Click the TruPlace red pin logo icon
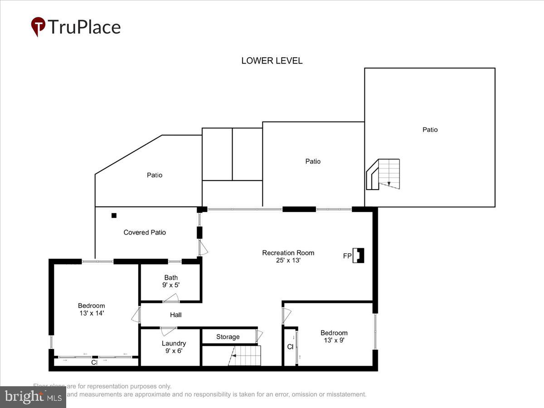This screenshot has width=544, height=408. click(38, 27)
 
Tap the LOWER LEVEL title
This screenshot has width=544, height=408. click(272, 61)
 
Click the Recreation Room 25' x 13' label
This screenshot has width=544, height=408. click(288, 257)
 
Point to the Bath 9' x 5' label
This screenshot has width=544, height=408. click(171, 281)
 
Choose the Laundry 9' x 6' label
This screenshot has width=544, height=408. click(174, 347)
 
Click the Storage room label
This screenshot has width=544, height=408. click(228, 337)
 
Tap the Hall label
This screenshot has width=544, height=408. click(176, 315)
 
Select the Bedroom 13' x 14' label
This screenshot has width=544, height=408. click(91, 309)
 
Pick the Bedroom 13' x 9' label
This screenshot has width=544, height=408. click(334, 336)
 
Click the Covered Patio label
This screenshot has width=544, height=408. click(145, 233)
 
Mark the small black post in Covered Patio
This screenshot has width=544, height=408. click(114, 215)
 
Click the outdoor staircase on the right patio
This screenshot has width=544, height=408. click(384, 174)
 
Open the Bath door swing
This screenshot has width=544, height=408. click(171, 298)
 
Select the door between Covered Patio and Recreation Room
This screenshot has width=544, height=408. click(203, 247)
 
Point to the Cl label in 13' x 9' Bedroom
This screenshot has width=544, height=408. click(290, 347)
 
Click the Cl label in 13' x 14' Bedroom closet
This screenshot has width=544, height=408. click(94, 363)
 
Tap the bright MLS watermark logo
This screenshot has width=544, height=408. click(33, 397)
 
